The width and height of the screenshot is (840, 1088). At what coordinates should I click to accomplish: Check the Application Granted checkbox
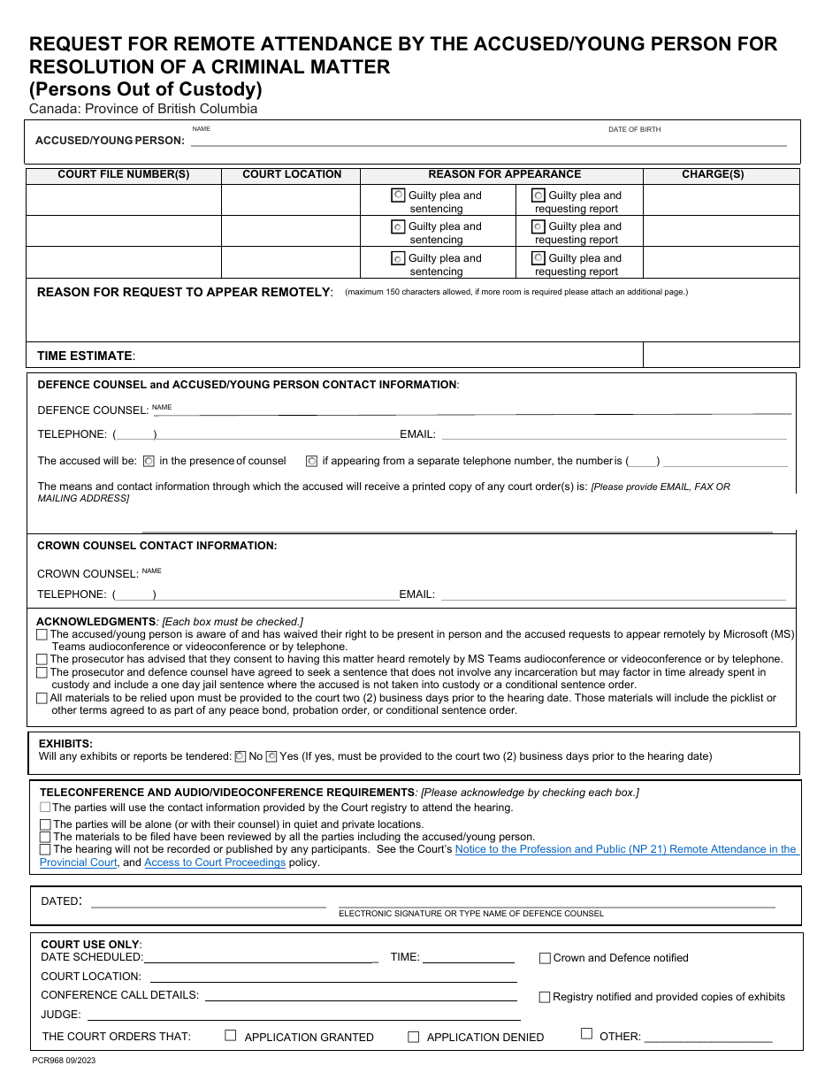click(231, 1035)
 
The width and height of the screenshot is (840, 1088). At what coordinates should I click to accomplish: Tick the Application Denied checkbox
click(413, 1037)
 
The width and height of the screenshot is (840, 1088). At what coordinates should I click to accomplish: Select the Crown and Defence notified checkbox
click(545, 958)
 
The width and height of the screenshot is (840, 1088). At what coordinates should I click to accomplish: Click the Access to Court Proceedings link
click(215, 862)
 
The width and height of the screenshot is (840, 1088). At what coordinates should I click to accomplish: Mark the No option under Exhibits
click(240, 756)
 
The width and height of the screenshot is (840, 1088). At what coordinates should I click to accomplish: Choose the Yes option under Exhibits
click(271, 756)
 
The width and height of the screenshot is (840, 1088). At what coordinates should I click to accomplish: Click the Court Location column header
click(292, 174)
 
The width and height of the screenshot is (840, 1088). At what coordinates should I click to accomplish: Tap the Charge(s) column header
click(712, 174)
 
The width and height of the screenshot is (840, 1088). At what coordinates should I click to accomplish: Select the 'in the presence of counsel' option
click(149, 461)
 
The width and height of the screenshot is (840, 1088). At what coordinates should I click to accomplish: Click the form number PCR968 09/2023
click(64, 1060)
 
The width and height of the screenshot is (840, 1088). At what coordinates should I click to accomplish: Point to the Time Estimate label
click(85, 356)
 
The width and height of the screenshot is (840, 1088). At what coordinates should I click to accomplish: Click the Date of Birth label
click(634, 130)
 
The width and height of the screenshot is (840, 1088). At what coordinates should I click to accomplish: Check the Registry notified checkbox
click(545, 997)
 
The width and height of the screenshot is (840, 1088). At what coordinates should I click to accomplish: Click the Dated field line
click(208, 902)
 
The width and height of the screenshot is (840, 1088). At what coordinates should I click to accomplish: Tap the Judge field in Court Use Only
click(301, 1015)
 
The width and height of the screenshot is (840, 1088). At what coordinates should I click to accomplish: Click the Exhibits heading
click(65, 744)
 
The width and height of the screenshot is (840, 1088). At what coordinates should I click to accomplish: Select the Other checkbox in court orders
click(586, 1034)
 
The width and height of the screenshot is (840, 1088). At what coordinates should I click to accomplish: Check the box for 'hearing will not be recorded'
click(45, 849)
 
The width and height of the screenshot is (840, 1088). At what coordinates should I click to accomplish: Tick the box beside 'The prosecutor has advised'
click(42, 659)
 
